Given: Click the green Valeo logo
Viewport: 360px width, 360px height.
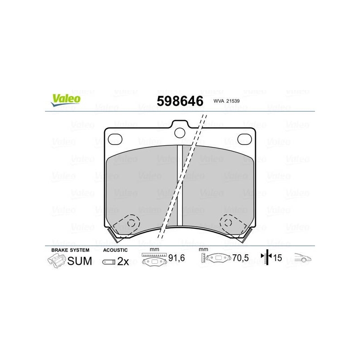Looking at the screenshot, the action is pyautogui.click(x=66, y=100).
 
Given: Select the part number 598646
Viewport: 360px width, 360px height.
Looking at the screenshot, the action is pyautogui.click(x=180, y=101).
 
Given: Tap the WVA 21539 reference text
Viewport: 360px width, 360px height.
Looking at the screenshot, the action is pyautogui.click(x=226, y=101).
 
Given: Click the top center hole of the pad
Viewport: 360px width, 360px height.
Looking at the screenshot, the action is pyautogui.click(x=180, y=133).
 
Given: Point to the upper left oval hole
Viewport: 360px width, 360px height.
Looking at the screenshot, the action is pyautogui.click(x=115, y=139).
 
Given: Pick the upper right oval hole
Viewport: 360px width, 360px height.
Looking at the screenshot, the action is pyautogui.click(x=244, y=139).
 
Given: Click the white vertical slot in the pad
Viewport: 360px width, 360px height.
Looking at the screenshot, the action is pyautogui.click(x=180, y=185).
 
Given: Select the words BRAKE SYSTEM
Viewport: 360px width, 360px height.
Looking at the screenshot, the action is pyautogui.click(x=70, y=250).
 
